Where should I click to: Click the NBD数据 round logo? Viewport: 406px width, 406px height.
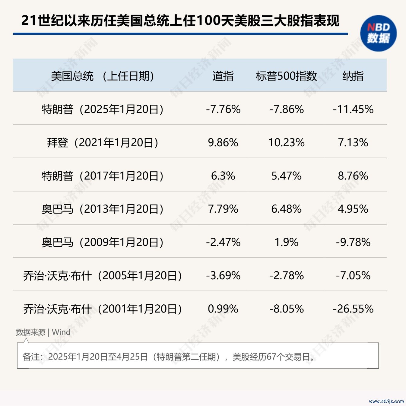378,33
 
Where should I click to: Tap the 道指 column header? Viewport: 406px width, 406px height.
223,76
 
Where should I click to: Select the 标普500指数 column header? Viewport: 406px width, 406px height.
286,76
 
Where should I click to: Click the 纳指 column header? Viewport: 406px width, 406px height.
353,76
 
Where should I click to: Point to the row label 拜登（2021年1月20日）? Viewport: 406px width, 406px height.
103,143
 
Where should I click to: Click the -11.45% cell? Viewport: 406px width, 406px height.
353,109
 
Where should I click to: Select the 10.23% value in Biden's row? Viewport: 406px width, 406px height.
286,143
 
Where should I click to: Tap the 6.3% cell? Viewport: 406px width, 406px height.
223,176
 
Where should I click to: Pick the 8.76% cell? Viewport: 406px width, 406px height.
353,176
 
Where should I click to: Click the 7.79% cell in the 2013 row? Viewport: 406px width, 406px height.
223,209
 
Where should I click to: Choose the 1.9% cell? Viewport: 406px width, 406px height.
286,242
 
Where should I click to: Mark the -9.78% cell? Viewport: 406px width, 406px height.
353,242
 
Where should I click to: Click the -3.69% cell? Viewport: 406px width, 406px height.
223,275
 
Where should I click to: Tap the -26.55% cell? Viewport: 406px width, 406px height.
353,309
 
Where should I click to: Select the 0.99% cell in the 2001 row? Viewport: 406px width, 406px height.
223,309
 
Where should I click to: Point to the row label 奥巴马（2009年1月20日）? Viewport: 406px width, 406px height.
103,242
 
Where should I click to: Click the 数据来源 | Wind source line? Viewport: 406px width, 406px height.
43,332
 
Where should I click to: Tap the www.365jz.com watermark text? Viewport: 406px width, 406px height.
386,401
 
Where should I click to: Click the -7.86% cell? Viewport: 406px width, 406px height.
286,109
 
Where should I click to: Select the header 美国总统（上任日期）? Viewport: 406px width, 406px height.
103,76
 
